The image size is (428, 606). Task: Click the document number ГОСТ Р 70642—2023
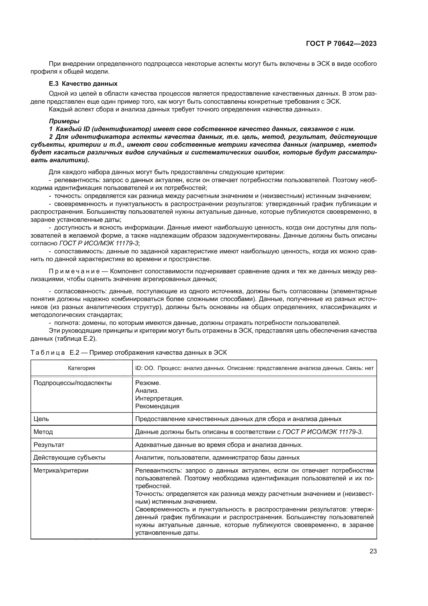click(341, 44)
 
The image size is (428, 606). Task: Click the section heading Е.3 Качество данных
click(83, 84)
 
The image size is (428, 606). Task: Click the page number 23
click(373, 551)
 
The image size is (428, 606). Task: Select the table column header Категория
click(82, 368)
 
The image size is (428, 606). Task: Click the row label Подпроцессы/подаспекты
click(72, 383)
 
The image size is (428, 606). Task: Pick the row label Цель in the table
click(41, 419)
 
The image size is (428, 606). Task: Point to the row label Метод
click(43, 432)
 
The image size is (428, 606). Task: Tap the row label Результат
click(49, 445)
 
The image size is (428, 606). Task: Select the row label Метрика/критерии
click(61, 470)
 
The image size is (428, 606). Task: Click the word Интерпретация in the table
click(159, 398)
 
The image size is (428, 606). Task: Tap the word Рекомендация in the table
click(157, 406)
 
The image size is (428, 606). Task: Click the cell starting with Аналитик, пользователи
click(217, 457)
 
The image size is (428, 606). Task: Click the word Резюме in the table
click(147, 383)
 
